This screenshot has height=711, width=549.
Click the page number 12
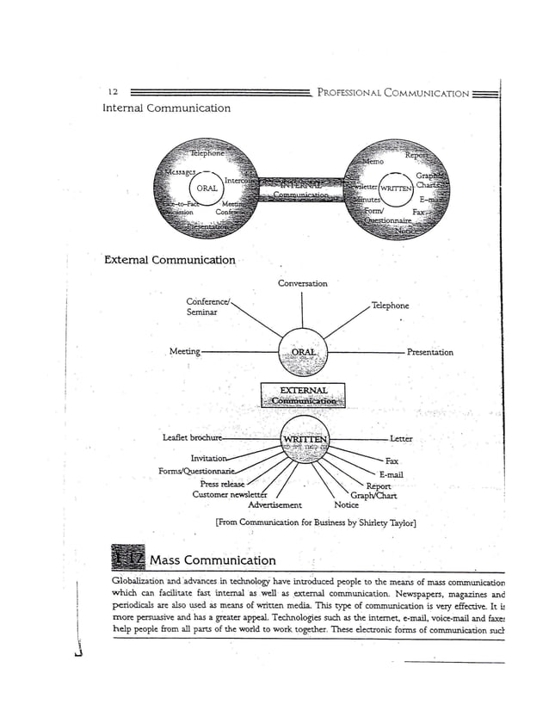(113, 92)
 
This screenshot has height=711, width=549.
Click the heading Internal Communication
(166, 108)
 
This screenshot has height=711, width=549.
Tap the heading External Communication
(170, 260)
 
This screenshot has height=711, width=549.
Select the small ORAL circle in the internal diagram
(207, 188)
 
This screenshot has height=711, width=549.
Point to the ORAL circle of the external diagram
(303, 352)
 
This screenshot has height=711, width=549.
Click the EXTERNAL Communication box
(303, 394)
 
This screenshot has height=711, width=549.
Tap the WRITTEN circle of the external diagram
(303, 440)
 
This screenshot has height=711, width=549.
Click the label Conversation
(302, 283)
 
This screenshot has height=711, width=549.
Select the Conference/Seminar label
(207, 306)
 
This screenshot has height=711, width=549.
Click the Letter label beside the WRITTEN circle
(400, 439)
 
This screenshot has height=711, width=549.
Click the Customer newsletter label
(230, 495)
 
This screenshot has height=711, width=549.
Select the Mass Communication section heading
(213, 560)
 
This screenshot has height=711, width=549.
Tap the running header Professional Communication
(393, 93)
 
